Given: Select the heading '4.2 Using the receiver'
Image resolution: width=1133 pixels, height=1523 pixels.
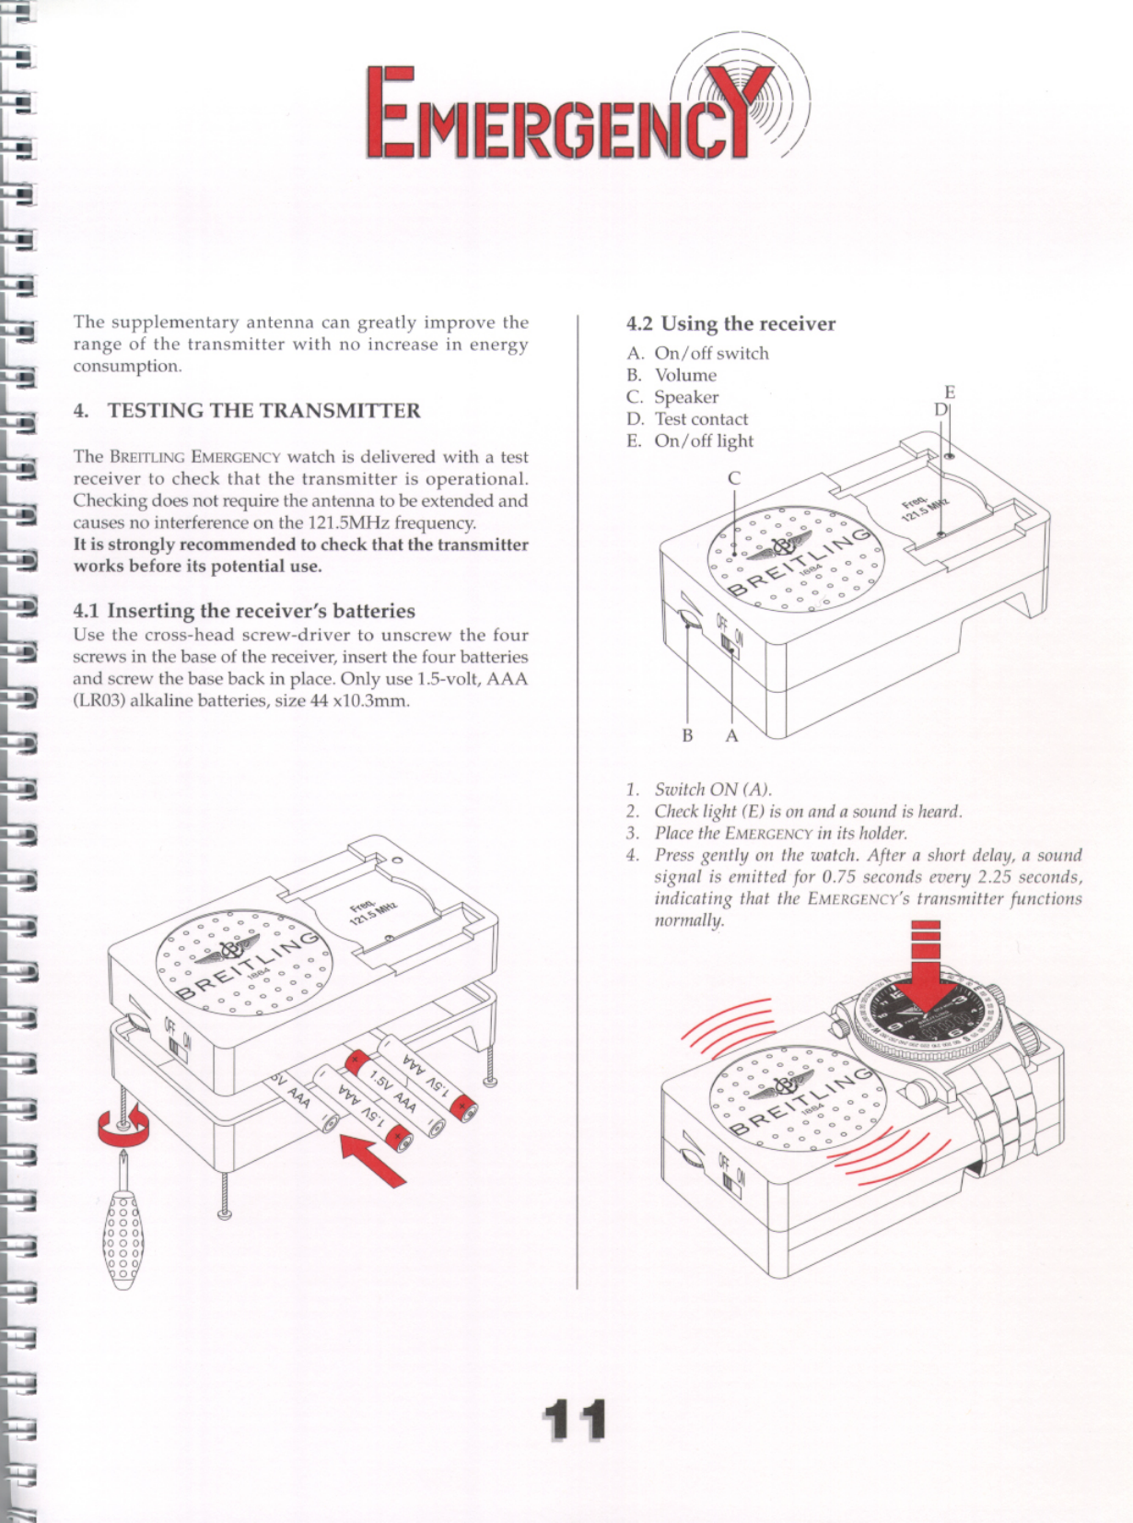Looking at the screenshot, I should (x=730, y=323).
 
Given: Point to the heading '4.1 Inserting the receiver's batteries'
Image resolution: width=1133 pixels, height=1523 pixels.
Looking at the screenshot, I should (x=244, y=611).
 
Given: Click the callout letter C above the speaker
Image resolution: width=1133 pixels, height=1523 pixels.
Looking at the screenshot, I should (x=733, y=478).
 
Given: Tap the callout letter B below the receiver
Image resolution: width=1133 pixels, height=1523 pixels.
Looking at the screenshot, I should (x=687, y=735).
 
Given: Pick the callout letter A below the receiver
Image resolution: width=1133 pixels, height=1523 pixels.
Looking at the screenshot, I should (x=731, y=735).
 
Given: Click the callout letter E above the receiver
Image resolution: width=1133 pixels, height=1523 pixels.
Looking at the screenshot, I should (x=950, y=392).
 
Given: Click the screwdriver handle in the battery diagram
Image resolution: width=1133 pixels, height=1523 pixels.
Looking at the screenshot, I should (x=123, y=1240).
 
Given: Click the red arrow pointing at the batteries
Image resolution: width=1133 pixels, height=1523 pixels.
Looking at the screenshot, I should (x=373, y=1160).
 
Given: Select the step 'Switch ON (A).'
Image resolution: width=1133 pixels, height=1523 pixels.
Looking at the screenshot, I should (x=712, y=790).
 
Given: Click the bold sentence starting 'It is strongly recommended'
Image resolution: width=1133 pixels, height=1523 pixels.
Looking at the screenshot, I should (x=300, y=556).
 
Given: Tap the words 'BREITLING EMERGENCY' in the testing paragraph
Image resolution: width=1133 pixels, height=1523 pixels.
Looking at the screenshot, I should (x=195, y=457).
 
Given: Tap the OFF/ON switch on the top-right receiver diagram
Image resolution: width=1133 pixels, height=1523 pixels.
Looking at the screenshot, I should (x=731, y=643).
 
